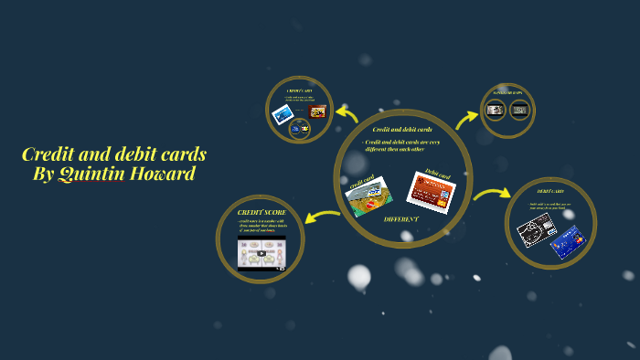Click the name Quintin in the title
coord(90,174)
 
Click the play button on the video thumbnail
coord(261,253)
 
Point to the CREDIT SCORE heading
coord(262,212)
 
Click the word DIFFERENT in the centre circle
coord(401,219)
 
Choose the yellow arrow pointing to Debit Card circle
coord(491,193)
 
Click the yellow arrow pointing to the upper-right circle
coord(467,117)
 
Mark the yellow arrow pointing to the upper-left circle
coord(347,113)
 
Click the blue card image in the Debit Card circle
coord(567,240)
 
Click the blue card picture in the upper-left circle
coord(283,114)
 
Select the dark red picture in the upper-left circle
coord(317,111)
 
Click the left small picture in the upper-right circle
coord(495,111)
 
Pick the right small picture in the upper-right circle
coord(519,111)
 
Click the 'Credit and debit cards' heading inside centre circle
coord(402,130)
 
